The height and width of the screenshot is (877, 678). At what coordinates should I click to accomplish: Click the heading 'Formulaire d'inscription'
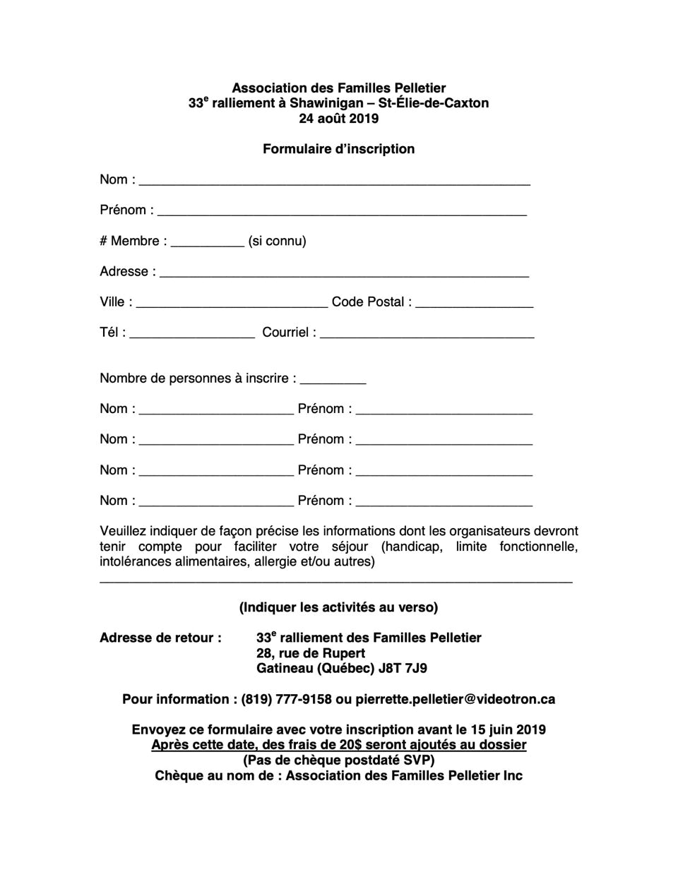(338, 149)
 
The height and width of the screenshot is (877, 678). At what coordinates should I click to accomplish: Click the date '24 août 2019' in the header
(338, 119)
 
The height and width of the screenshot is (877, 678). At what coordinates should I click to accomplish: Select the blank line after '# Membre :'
(207, 241)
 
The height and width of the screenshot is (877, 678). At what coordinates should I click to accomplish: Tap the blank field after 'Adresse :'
(344, 273)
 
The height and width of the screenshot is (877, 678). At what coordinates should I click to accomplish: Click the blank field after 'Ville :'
(232, 303)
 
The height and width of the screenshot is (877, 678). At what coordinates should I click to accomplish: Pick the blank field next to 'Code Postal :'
(474, 303)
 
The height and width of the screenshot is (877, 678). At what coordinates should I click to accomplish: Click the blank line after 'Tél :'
(192, 333)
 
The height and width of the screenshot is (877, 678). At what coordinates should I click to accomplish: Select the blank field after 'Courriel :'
(427, 333)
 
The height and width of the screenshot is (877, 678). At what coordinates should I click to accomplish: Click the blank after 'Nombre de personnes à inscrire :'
(333, 379)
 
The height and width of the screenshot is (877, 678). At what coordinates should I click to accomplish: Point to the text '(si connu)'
(277, 241)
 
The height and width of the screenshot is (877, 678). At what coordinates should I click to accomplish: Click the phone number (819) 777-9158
(286, 699)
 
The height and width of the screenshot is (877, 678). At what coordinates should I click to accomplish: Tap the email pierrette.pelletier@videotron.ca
(455, 699)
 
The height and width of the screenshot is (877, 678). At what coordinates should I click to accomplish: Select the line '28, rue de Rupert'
(311, 653)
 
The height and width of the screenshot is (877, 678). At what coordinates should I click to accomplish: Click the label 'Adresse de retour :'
(160, 638)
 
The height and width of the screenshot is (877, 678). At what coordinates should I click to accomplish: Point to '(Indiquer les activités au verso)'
(338, 607)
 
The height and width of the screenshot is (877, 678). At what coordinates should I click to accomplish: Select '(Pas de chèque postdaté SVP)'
(338, 760)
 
